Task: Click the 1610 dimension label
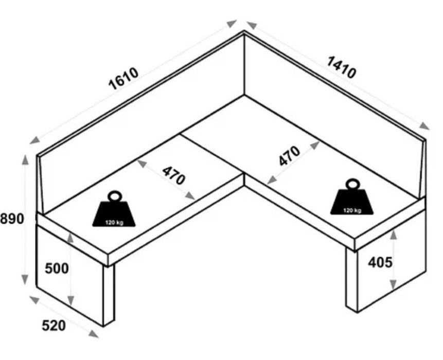pos(123,78)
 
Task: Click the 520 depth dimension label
pos(54,326)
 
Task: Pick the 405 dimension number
pos(380,262)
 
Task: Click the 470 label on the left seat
pos(173,175)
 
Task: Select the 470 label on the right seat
pos(289,156)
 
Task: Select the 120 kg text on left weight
pos(114,223)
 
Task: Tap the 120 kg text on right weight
pos(352,210)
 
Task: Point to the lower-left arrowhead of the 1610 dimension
pos(34,140)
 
